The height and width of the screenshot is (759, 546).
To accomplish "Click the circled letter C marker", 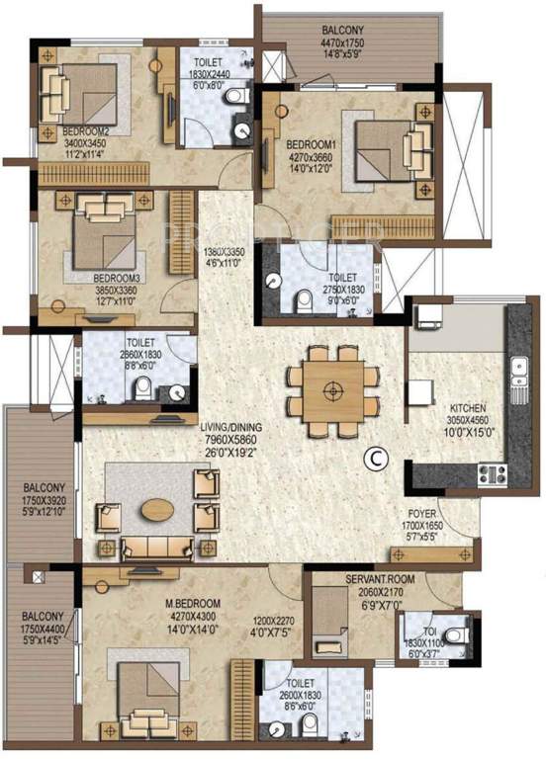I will click(x=374, y=457).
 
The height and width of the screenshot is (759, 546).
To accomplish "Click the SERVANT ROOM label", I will click(x=351, y=578).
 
